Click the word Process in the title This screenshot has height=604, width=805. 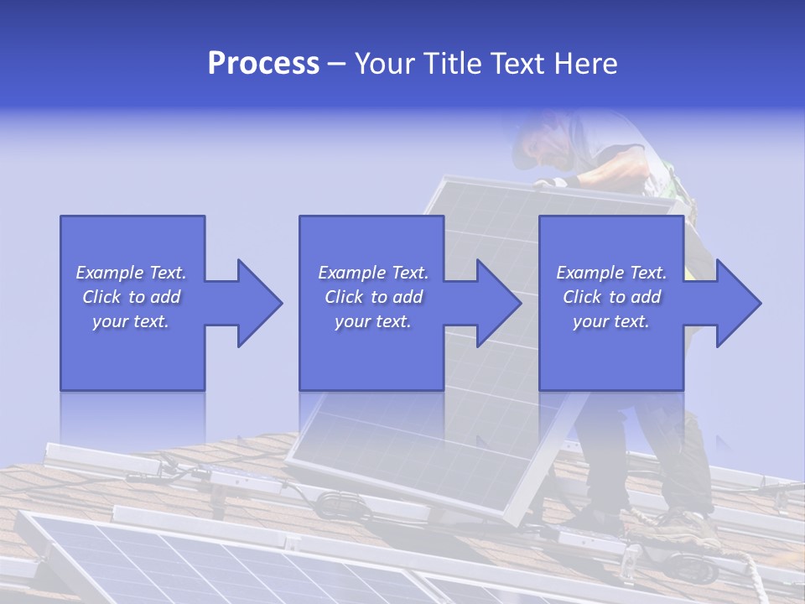click(263, 64)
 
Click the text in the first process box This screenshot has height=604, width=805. click(131, 297)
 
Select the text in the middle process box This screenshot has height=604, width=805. click(372, 297)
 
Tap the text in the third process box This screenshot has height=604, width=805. click(611, 297)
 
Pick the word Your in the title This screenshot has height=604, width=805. click(385, 64)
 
